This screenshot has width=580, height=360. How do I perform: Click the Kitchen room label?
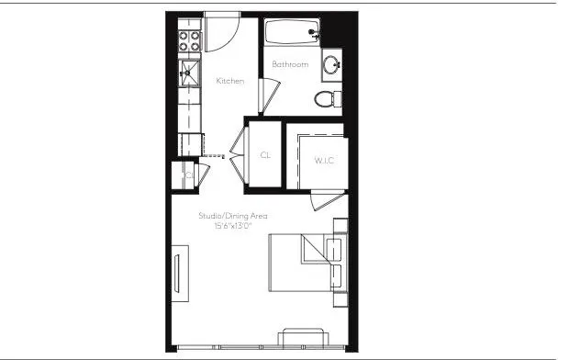pyautogui.click(x=229, y=82)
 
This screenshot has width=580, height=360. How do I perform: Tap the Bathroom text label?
pyautogui.click(x=290, y=64)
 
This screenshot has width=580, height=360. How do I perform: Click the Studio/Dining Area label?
pyautogui.click(x=233, y=216)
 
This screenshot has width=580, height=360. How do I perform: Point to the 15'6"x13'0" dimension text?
pyautogui.click(x=233, y=225)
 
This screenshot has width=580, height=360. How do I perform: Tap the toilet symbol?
pyautogui.click(x=326, y=97)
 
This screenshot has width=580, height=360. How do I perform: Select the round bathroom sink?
pyautogui.click(x=331, y=65)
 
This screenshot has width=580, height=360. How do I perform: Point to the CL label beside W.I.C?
pyautogui.click(x=265, y=155)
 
